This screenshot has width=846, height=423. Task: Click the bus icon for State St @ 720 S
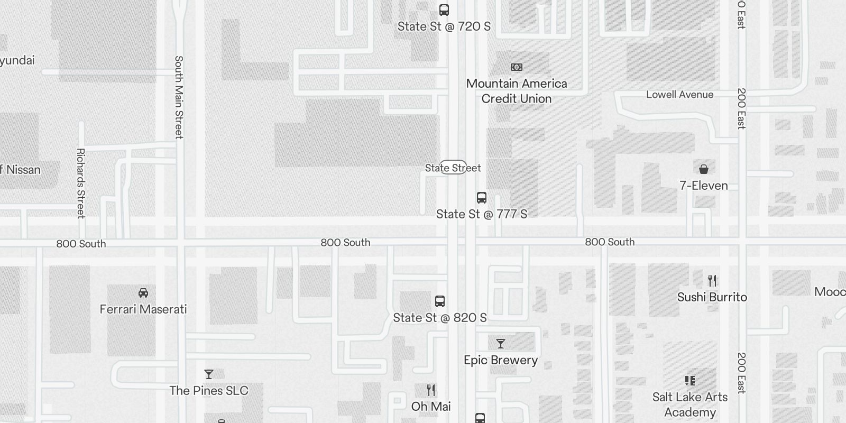444,10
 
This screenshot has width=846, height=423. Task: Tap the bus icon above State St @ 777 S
482,198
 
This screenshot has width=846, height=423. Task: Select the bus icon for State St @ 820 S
440,301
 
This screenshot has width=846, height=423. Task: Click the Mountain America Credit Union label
517,91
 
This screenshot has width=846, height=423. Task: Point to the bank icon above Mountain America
517,67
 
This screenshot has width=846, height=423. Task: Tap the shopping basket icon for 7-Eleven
704,169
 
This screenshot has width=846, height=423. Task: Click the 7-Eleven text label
704,186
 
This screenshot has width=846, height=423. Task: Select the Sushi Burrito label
712,297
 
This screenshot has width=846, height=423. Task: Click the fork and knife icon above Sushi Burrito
712,280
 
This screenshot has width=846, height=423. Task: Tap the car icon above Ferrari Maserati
143,293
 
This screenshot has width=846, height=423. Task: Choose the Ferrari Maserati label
143,309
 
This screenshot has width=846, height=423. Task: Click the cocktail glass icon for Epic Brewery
501,344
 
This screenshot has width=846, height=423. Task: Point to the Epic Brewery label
501,360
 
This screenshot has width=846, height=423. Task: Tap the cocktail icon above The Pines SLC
209,374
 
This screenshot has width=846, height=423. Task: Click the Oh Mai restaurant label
431,406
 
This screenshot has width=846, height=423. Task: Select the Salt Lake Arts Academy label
690,404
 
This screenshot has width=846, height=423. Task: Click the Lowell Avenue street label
680,95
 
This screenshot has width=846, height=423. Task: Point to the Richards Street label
81,183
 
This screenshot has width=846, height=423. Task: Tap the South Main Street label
179,97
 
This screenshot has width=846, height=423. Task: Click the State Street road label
453,168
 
